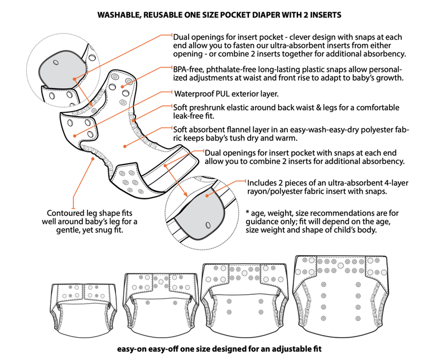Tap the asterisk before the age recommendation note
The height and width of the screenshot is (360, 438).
247,213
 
